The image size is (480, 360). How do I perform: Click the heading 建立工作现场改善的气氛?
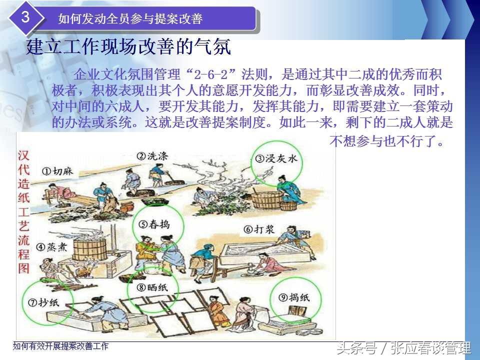(128, 47)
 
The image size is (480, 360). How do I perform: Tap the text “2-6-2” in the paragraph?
(211, 74)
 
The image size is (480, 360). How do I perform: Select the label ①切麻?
(57, 171)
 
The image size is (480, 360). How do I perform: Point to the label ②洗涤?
(152, 156)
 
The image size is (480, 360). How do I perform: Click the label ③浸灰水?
(276, 158)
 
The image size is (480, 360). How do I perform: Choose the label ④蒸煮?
(51, 246)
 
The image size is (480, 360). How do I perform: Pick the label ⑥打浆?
(258, 229)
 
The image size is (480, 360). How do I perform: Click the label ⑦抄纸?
(43, 302)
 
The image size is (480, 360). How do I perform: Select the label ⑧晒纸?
(152, 287)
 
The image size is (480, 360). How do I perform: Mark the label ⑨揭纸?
(294, 297)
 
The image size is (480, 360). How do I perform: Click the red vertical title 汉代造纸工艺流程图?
(23, 212)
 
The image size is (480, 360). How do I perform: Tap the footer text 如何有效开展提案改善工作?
(60, 346)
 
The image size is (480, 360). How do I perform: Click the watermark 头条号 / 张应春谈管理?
(404, 348)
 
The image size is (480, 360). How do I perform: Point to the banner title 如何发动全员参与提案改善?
(130, 18)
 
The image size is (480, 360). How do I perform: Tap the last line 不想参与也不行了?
(386, 141)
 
